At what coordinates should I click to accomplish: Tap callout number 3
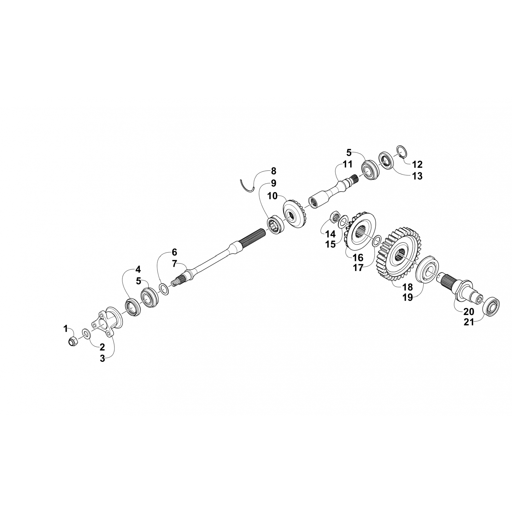coord(102,359)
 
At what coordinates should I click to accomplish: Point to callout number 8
coord(273,171)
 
